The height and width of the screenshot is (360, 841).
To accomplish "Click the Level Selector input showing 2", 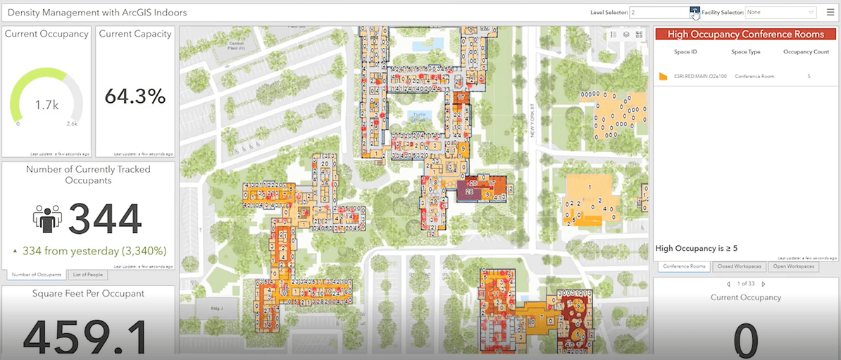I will (x=659, y=12).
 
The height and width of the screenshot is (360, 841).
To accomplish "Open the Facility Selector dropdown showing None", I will (x=780, y=12).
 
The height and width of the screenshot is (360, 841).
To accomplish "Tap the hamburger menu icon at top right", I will (x=830, y=12).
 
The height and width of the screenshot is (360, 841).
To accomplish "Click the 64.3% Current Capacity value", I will (x=135, y=96).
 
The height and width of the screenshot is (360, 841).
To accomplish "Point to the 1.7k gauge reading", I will (x=46, y=106).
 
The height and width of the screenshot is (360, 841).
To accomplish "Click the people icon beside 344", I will (x=48, y=218).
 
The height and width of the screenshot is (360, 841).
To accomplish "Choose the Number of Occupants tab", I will (x=37, y=275).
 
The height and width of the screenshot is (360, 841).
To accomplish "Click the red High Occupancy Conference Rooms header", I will (x=745, y=34).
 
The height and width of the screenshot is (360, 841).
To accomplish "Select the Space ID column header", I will (x=685, y=52).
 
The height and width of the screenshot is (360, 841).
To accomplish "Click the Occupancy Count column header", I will (x=806, y=52).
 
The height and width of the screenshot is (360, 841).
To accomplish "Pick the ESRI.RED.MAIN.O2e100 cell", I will (x=694, y=75).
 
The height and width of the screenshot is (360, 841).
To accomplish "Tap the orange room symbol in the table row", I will (x=663, y=76).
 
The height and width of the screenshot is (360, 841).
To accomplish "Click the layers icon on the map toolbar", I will (x=626, y=34).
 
